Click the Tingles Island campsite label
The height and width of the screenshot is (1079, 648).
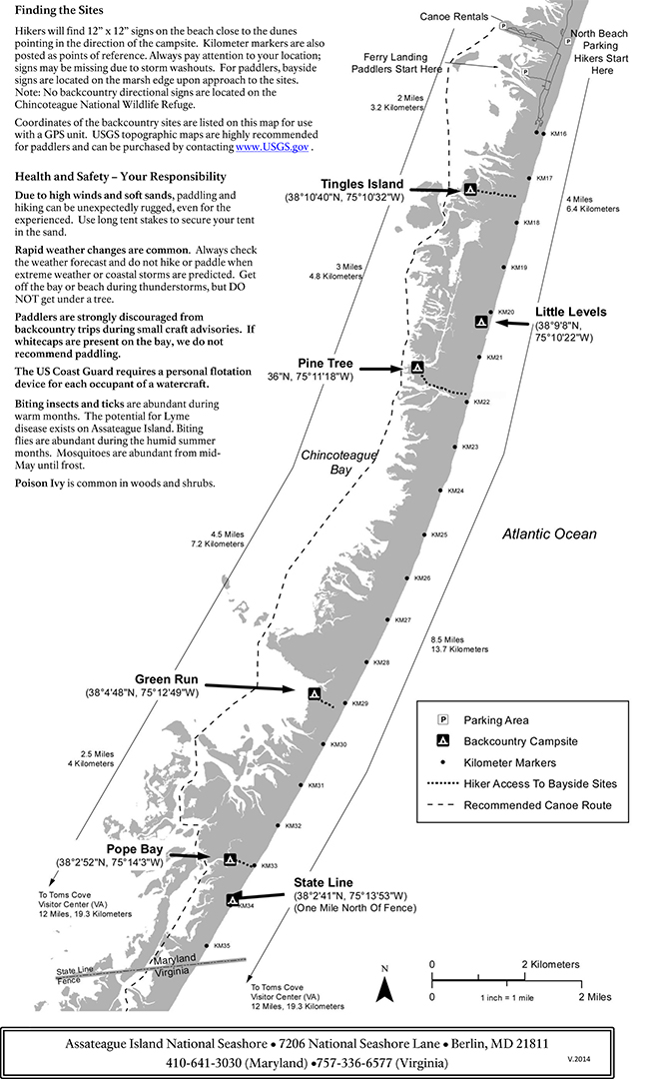361,184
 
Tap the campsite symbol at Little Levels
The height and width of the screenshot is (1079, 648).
481,322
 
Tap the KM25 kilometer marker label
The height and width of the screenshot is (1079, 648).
438,536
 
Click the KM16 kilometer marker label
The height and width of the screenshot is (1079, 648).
558,134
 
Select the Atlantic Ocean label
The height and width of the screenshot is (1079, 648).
549,535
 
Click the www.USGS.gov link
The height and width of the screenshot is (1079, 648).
272,147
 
